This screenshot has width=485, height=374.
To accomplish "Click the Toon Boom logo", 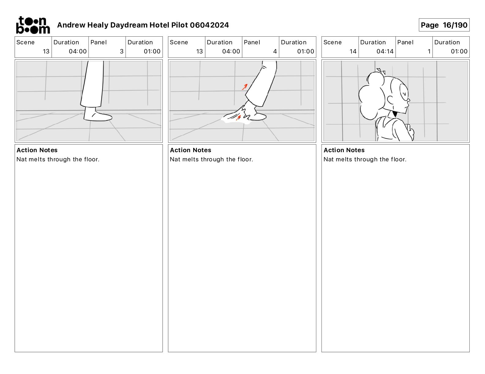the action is (x=33, y=25).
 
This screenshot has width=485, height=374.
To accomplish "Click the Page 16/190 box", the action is (x=444, y=25).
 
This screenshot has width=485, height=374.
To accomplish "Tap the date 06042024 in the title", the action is (x=209, y=25).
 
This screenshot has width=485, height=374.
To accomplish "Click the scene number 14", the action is (x=353, y=51).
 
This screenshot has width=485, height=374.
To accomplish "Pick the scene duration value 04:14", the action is (x=385, y=51).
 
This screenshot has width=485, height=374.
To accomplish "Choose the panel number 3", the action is (x=122, y=51).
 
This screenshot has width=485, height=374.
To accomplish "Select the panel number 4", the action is (x=275, y=51).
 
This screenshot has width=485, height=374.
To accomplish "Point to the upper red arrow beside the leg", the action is (x=245, y=87).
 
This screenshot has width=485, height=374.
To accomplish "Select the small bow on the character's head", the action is (x=381, y=71).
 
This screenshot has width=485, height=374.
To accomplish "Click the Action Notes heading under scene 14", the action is (x=344, y=150).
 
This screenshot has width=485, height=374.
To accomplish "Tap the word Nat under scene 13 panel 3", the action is (x=22, y=159).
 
